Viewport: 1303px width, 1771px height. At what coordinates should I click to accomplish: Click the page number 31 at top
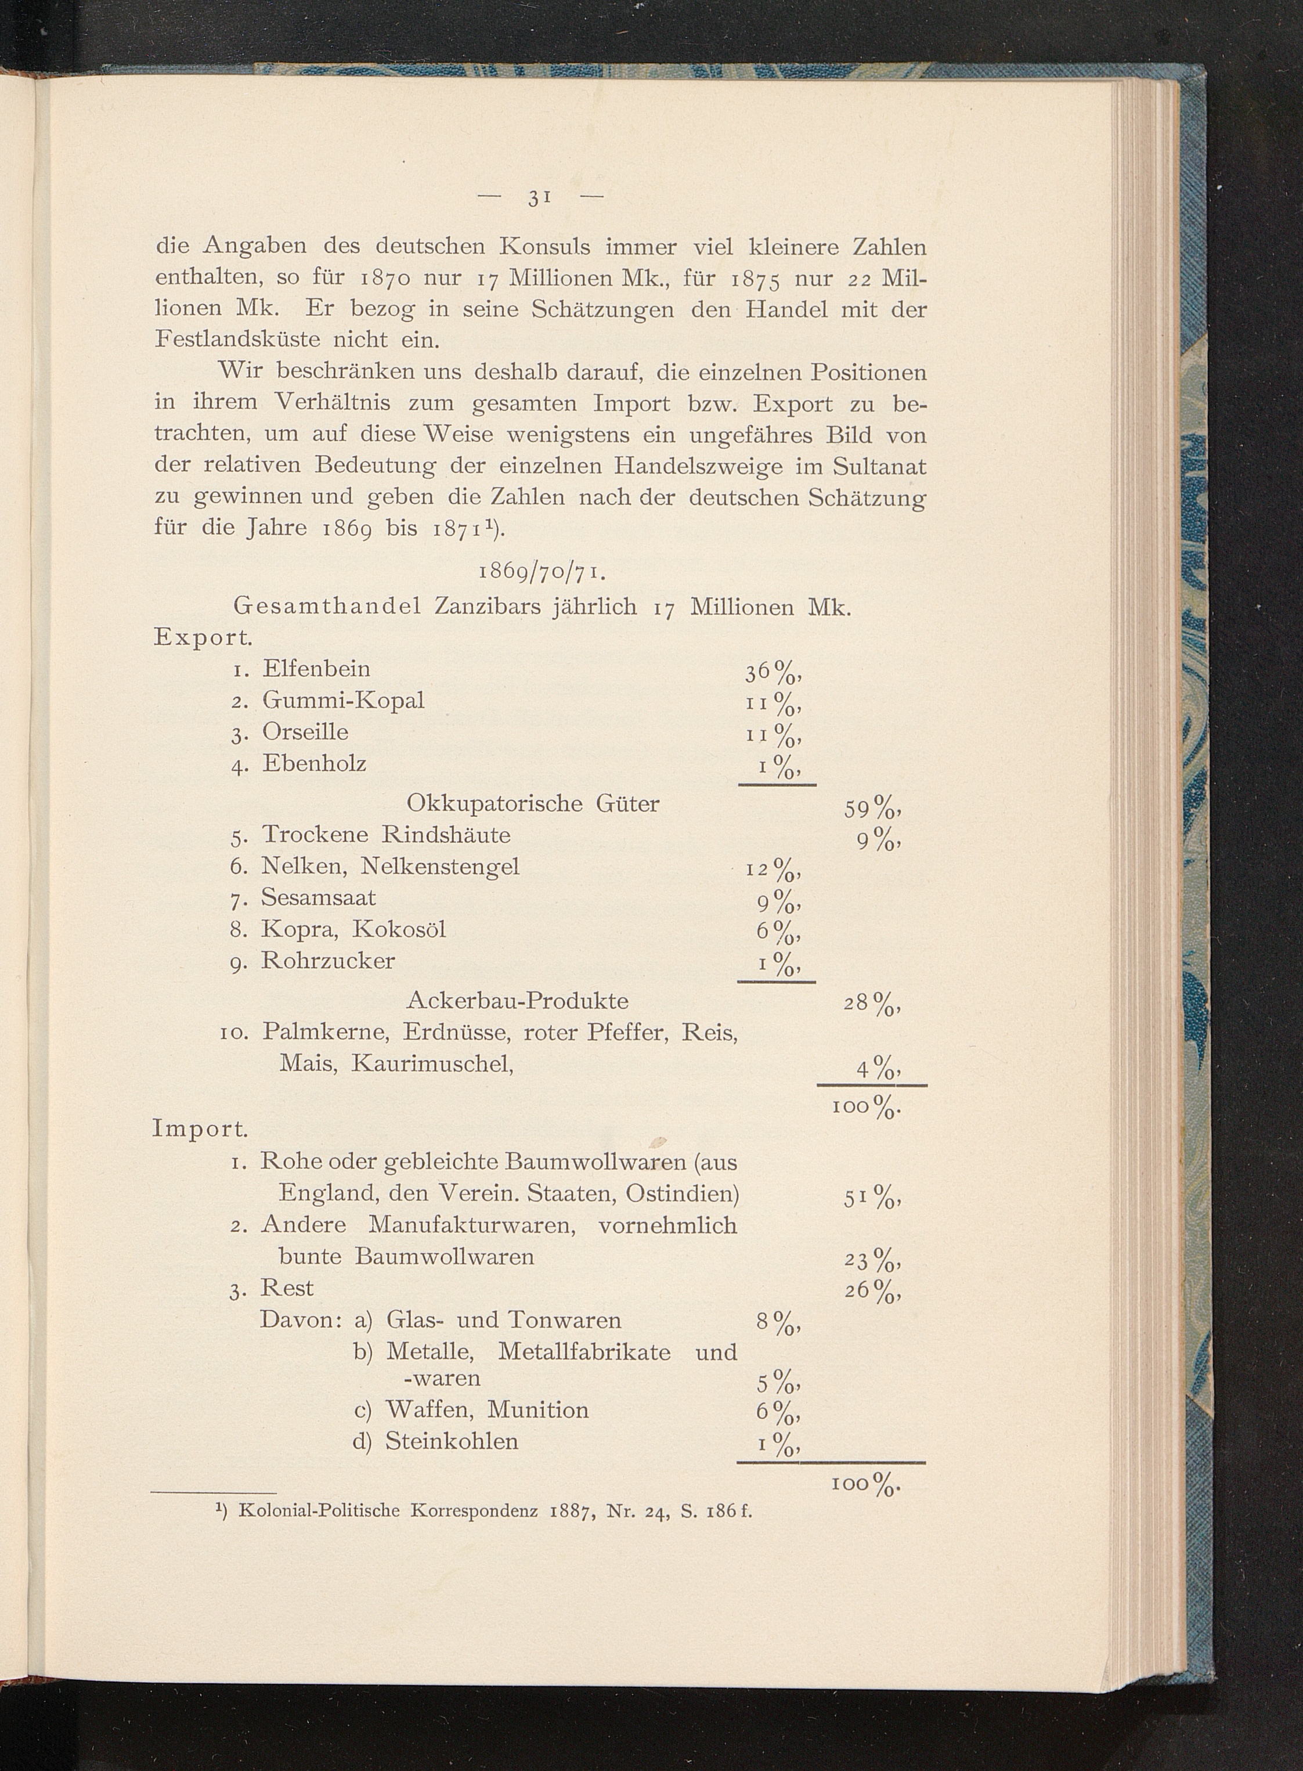click(x=539, y=199)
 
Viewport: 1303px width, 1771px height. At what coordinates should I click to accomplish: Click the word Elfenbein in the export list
click(x=316, y=669)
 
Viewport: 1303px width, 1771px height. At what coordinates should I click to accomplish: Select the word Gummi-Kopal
click(x=343, y=701)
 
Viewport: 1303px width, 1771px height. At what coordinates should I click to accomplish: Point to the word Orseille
click(x=305, y=731)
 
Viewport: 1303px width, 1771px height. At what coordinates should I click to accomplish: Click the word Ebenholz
click(x=314, y=764)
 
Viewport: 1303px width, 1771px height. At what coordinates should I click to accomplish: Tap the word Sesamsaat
click(x=319, y=898)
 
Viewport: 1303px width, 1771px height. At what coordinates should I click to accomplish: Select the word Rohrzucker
click(x=327, y=961)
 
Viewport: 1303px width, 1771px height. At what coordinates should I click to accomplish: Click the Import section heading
click(x=200, y=1129)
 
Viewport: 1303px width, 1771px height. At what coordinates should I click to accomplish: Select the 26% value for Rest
click(x=872, y=1292)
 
